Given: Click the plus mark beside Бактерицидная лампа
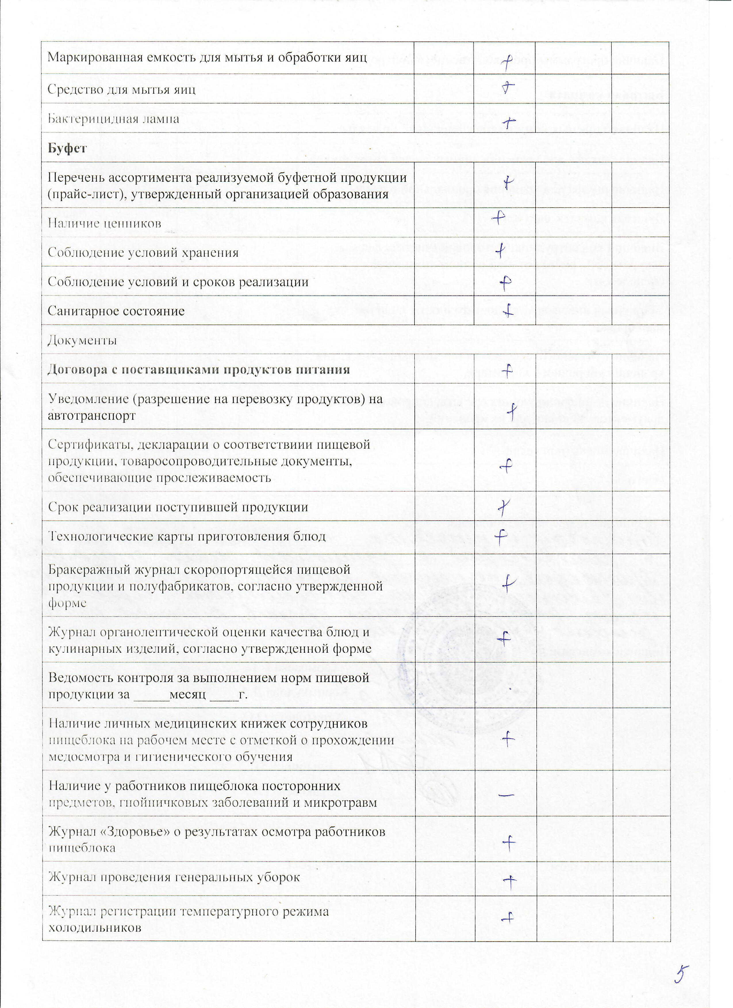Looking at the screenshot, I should point(508,121).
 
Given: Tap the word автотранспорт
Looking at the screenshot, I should point(92,416).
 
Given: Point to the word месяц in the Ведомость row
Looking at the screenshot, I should point(187,694).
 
